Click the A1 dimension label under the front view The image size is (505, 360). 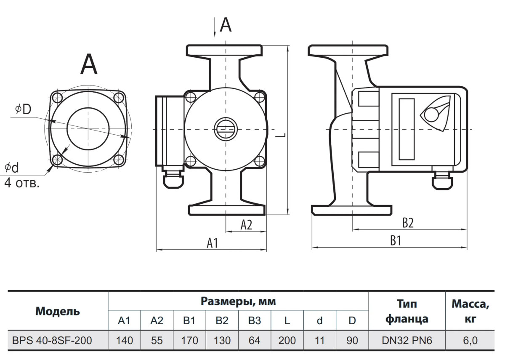point(212,243)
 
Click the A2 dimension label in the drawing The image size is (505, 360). point(246,225)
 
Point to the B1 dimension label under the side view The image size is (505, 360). point(395,241)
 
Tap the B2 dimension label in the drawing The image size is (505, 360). point(407,223)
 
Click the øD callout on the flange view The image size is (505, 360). point(23,109)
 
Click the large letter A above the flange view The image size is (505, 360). point(89,64)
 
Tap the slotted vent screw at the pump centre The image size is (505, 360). point(226,129)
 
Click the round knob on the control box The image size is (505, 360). point(431,114)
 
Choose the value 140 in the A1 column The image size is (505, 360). point(124,340)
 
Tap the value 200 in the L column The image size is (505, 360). point(287,340)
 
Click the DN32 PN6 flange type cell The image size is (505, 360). point(407,340)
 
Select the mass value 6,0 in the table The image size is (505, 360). point(470,340)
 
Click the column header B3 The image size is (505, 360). point(254,321)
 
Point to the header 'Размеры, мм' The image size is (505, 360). point(238,301)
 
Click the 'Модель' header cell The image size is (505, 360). point(58,311)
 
